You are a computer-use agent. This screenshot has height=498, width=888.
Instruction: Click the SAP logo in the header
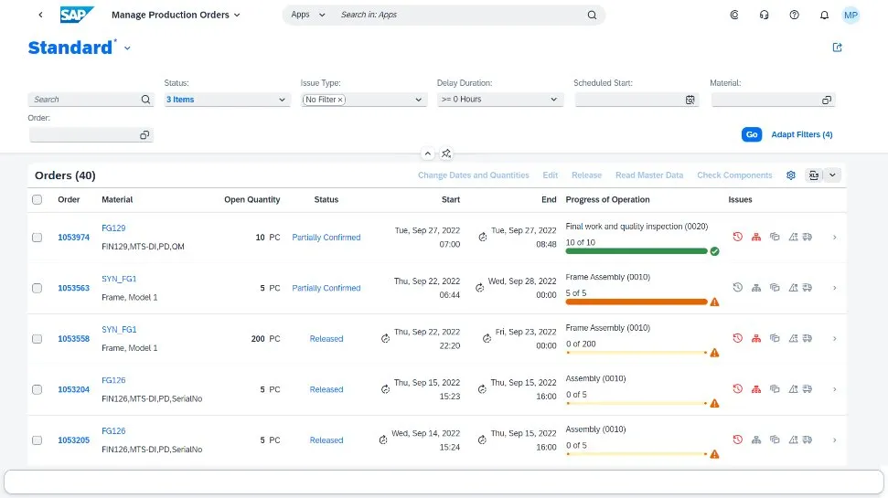pos(77,15)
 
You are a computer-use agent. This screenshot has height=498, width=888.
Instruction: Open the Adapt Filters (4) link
pos(801,134)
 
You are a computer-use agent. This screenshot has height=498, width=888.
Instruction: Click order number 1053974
pos(73,238)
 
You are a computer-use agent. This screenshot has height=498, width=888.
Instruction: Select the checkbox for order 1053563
pos(37,288)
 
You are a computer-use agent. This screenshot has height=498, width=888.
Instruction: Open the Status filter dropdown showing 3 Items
pos(227,100)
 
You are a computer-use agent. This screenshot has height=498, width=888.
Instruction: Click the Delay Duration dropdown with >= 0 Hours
pos(499,100)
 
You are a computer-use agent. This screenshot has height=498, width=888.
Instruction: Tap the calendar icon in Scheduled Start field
pos(690,100)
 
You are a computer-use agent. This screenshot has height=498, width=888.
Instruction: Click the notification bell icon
pos(824,16)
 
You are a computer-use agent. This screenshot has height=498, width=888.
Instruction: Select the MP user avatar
pos(851,16)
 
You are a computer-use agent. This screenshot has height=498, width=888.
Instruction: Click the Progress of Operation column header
pos(607,199)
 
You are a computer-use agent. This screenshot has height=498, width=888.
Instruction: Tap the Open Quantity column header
pos(251,199)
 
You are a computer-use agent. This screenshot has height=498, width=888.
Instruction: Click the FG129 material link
pos(113,228)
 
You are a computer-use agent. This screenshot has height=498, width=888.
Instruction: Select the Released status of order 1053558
pos(326,339)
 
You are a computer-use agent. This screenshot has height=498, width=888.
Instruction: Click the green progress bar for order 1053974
pos(637,250)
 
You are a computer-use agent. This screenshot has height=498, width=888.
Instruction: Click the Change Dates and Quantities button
pos(473,175)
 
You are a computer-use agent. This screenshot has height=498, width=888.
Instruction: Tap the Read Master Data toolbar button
pos(648,175)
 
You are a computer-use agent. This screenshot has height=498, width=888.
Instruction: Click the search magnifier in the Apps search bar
pos(592,16)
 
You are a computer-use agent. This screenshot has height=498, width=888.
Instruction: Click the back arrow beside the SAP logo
pos(40,16)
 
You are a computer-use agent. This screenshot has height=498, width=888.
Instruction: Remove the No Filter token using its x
pos(340,100)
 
